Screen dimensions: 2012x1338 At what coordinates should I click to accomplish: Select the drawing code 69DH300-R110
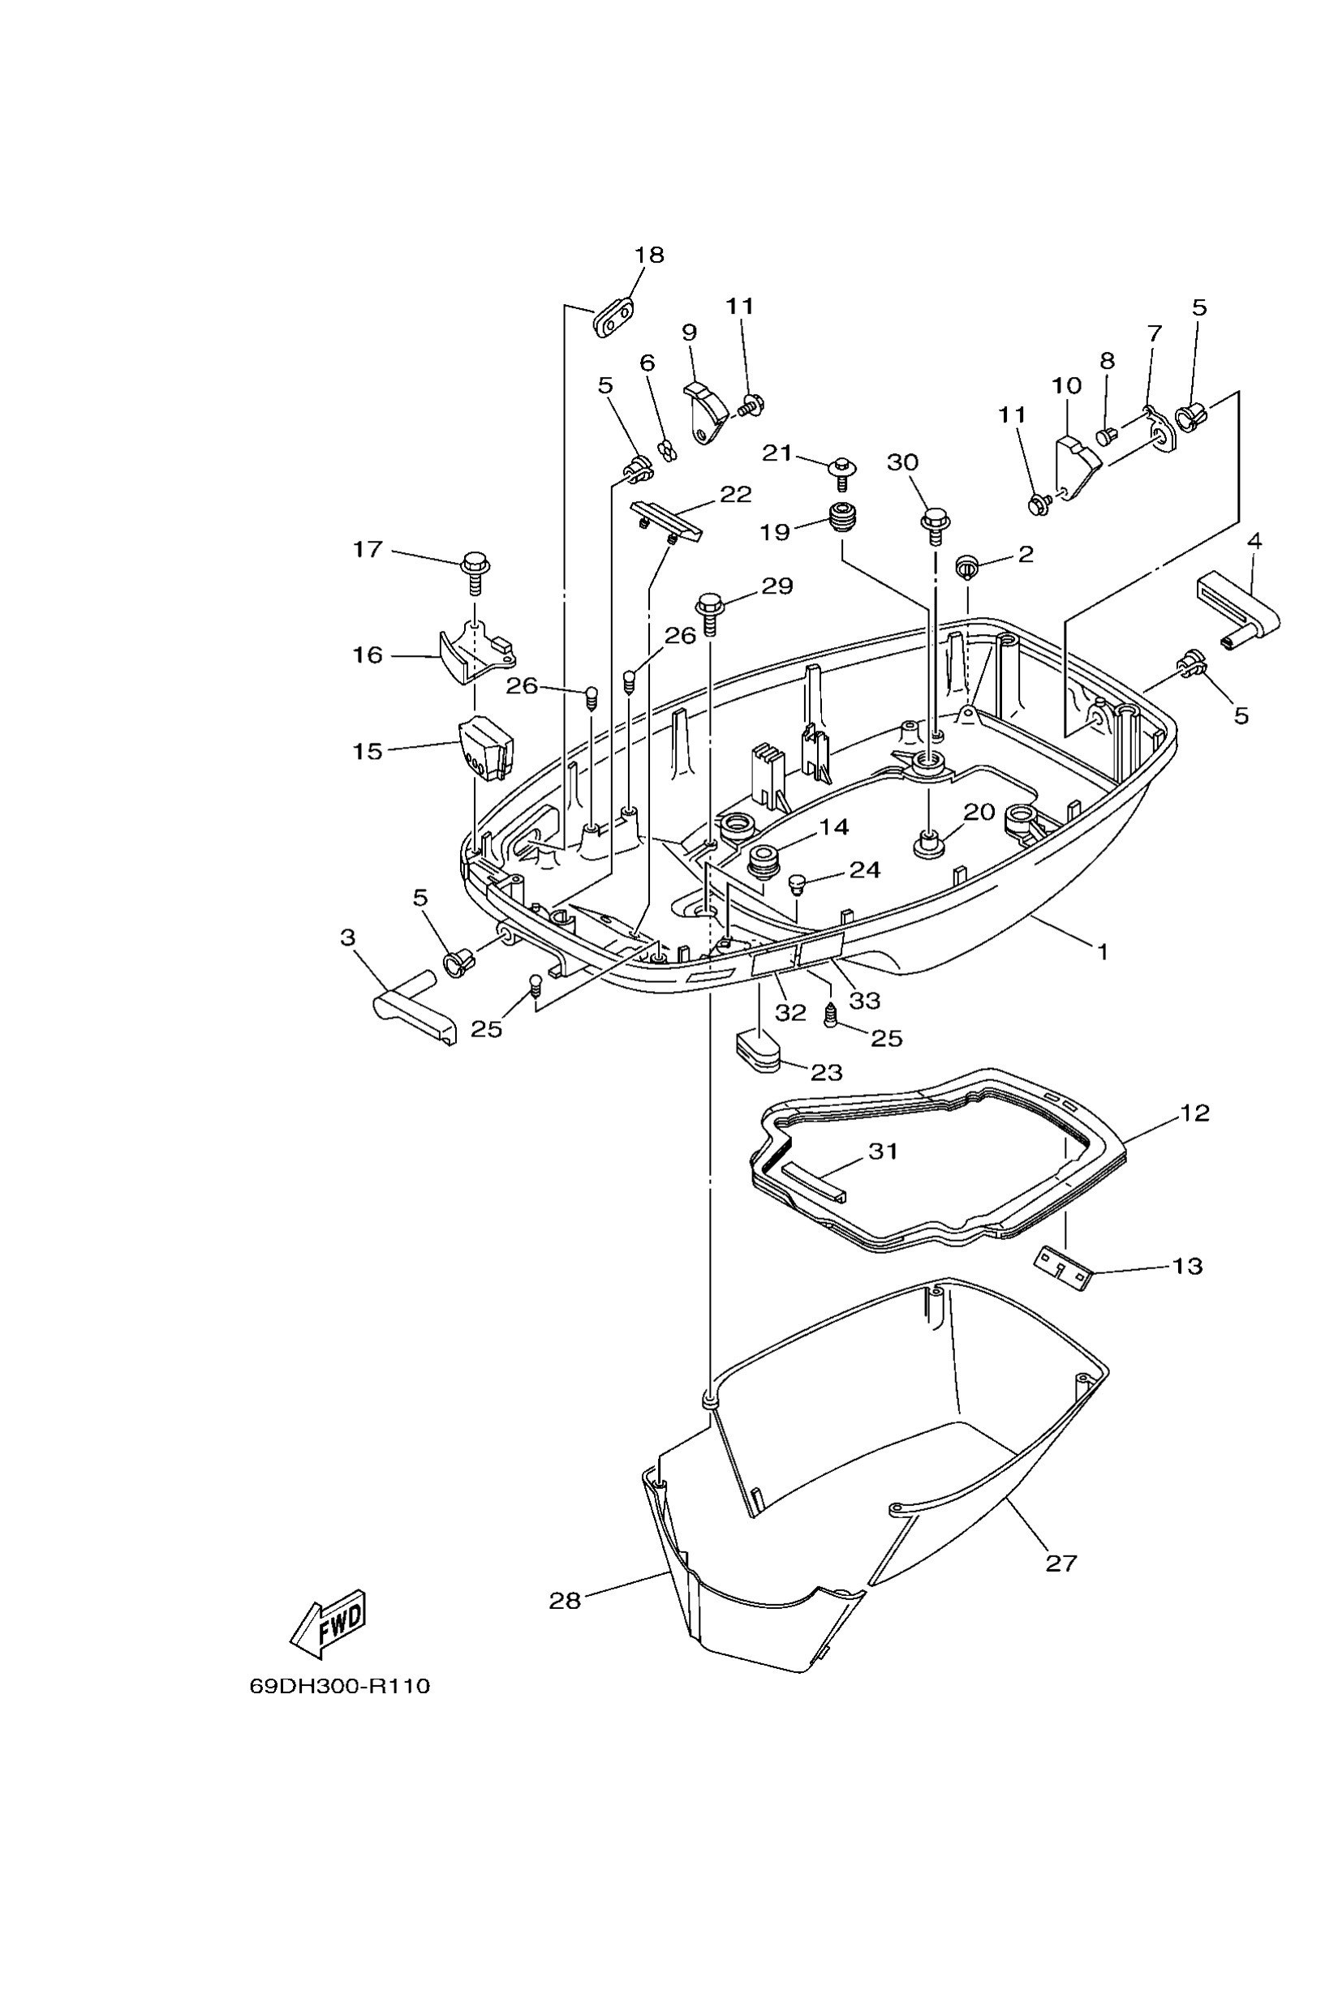tap(340, 1686)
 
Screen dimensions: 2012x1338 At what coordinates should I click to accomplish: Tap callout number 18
tap(648, 254)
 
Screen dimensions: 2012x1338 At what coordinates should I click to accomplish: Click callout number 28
tap(565, 1601)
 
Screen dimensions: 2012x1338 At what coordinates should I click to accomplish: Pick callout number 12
tap(1194, 1112)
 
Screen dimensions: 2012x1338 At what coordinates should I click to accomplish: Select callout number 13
tap(1187, 1266)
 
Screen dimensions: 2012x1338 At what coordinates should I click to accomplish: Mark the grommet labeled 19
tap(843, 518)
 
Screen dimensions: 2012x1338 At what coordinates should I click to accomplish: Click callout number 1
tap(1102, 950)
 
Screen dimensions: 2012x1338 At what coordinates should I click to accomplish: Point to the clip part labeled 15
tap(484, 748)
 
